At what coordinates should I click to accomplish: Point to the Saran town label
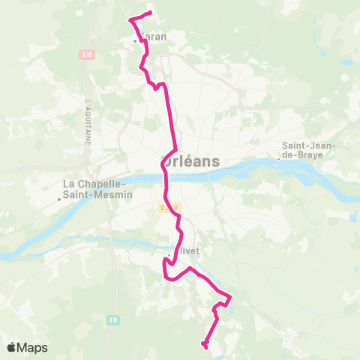point(154,36)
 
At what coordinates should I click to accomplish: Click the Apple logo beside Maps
point(12,347)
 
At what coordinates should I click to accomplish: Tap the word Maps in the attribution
point(32,347)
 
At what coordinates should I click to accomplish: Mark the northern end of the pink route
point(151,13)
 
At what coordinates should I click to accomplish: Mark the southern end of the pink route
point(204,345)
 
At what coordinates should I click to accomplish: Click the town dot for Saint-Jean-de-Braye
point(278,157)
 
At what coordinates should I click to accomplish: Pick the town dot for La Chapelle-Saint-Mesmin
point(59,199)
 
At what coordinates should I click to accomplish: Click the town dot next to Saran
point(136,40)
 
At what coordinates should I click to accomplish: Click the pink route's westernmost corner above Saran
point(130,19)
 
